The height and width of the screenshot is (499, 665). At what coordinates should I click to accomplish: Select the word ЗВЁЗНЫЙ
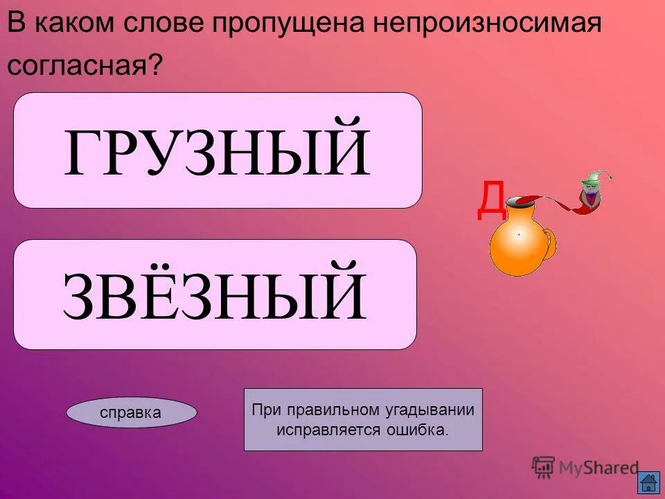(x=214, y=295)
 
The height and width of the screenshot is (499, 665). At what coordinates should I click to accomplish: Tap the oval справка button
(x=131, y=412)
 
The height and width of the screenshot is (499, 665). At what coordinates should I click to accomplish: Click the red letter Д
(x=490, y=199)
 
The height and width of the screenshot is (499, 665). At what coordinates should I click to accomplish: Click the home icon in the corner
(x=648, y=482)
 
